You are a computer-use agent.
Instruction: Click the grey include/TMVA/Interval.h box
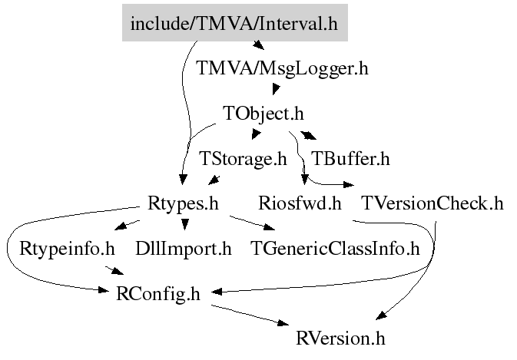[x=234, y=24]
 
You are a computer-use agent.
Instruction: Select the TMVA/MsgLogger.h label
[x=282, y=68]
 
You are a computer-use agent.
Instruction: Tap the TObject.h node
[x=263, y=114]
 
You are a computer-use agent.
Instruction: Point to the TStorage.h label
[x=242, y=160]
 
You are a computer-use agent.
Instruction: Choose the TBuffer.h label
[x=350, y=160]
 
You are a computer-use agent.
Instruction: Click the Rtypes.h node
[x=183, y=204]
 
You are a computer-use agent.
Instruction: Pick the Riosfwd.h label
[x=300, y=204]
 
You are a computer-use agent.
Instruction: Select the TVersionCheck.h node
[x=432, y=204]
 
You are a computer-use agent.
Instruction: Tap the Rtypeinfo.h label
[x=67, y=249]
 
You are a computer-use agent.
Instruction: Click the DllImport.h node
[x=183, y=249]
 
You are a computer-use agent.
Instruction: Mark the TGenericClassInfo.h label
[x=336, y=249]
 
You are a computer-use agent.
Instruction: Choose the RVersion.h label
[x=340, y=338]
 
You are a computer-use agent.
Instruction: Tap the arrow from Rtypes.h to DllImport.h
[x=184, y=223]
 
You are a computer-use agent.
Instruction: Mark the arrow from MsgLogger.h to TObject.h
[x=273, y=91]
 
